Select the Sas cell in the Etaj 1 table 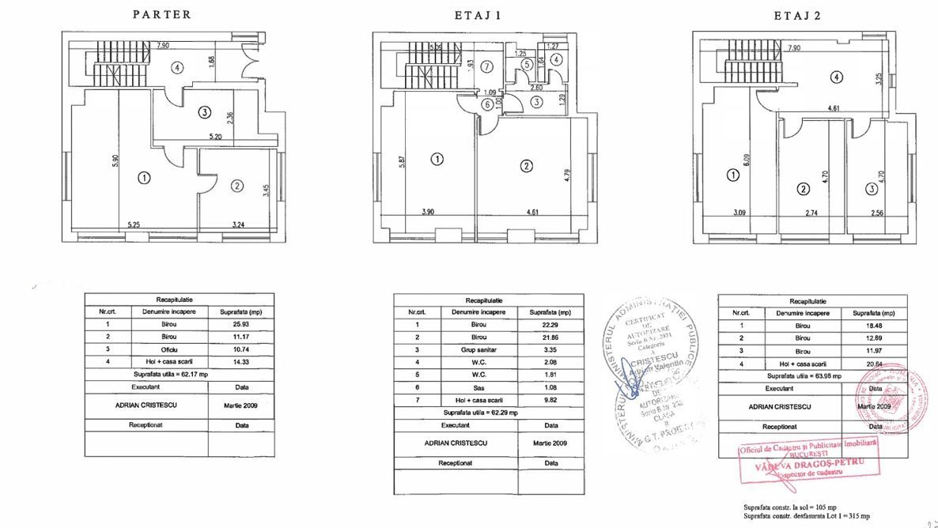tap(478, 387)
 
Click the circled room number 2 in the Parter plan tap(236, 186)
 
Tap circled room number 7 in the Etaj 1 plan tap(486, 66)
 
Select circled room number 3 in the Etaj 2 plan tap(872, 189)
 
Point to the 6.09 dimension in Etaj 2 tap(746, 164)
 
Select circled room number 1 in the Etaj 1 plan tap(437, 160)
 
